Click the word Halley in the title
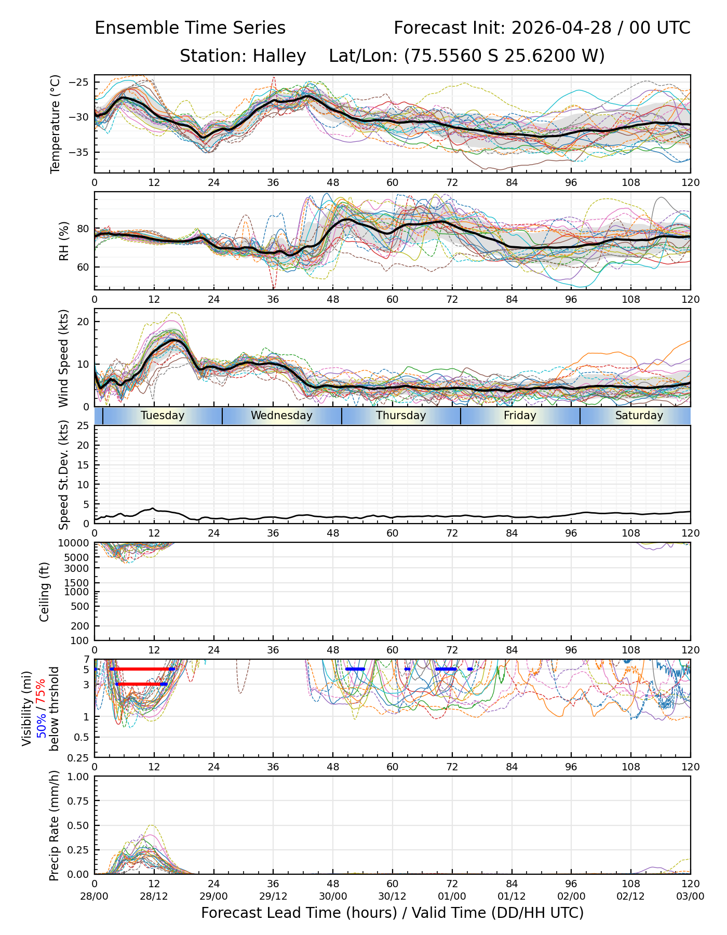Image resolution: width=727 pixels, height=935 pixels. click(x=279, y=56)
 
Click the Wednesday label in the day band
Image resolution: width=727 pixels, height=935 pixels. click(x=281, y=416)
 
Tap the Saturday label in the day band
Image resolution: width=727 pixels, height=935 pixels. click(x=639, y=416)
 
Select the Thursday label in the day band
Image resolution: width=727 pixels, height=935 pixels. click(x=401, y=416)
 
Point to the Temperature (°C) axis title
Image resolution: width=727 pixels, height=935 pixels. click(x=56, y=124)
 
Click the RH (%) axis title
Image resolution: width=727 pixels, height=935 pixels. click(x=64, y=241)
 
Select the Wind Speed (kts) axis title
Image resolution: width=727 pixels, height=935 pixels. click(x=63, y=358)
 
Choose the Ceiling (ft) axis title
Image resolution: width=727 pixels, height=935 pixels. click(x=45, y=592)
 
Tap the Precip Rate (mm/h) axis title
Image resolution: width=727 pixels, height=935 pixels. click(x=54, y=825)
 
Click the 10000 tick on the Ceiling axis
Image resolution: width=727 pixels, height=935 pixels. click(x=74, y=543)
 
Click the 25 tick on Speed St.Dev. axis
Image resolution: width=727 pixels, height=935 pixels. click(x=84, y=426)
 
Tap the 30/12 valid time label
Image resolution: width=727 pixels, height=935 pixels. click(x=393, y=897)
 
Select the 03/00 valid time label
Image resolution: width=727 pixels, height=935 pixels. click(x=691, y=897)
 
